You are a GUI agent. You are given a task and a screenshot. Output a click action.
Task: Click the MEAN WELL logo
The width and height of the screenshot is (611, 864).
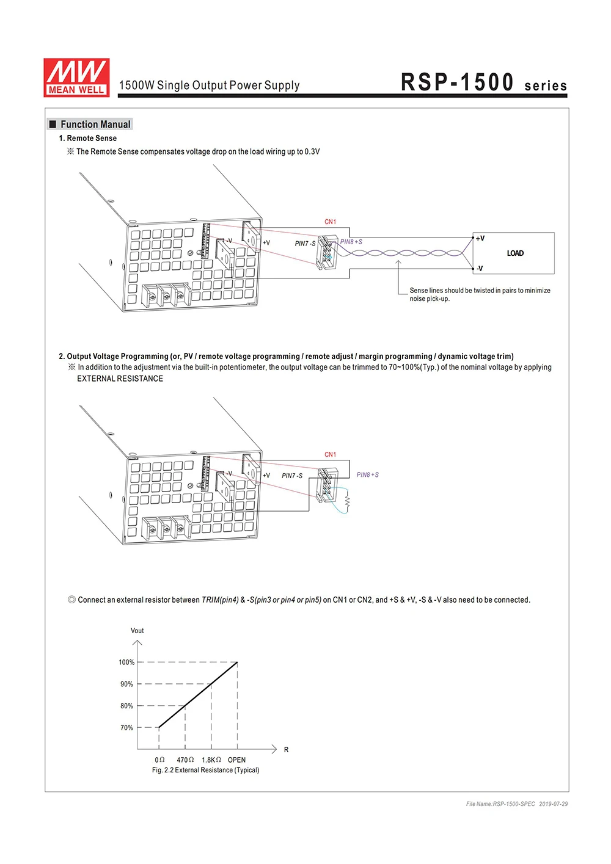click(76, 78)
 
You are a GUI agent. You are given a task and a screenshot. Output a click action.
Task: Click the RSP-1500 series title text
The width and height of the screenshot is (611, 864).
click(483, 82)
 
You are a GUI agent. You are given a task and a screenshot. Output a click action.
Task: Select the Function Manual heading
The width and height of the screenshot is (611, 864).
click(95, 125)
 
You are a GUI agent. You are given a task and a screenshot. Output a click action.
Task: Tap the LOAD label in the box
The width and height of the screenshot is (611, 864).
click(515, 253)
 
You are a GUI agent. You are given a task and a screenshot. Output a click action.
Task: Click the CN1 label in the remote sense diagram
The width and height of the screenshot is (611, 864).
click(330, 222)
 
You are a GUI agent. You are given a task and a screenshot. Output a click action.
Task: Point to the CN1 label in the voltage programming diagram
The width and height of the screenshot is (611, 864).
click(330, 455)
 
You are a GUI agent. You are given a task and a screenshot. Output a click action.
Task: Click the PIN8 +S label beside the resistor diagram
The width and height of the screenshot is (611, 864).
click(367, 475)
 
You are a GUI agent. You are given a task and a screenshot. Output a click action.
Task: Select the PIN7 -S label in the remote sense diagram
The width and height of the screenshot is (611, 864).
click(305, 244)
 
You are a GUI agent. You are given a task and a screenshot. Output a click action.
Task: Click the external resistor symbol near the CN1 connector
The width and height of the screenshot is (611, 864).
click(347, 501)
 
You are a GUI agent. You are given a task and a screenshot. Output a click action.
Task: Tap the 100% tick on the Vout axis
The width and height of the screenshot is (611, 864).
click(126, 663)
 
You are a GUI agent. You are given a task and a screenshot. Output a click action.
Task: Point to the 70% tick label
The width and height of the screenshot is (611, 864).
click(126, 728)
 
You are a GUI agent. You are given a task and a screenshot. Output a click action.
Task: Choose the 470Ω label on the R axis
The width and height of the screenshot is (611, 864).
click(185, 760)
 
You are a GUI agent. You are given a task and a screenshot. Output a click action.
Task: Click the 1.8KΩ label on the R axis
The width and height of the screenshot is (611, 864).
click(211, 760)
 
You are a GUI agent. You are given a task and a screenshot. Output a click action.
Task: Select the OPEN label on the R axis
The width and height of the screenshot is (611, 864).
click(236, 760)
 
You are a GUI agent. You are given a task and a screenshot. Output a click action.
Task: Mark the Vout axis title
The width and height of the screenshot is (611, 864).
click(137, 631)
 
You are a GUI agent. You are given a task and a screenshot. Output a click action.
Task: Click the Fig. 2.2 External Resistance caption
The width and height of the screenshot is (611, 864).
click(205, 771)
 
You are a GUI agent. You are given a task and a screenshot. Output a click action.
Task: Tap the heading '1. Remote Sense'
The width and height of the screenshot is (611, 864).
click(87, 139)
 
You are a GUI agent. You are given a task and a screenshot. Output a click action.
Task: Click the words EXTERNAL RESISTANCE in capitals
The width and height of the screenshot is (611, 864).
click(120, 379)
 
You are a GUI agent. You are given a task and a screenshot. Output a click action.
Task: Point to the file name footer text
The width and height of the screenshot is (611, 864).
click(516, 804)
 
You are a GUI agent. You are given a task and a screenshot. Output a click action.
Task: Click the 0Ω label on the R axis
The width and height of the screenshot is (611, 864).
click(159, 760)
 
